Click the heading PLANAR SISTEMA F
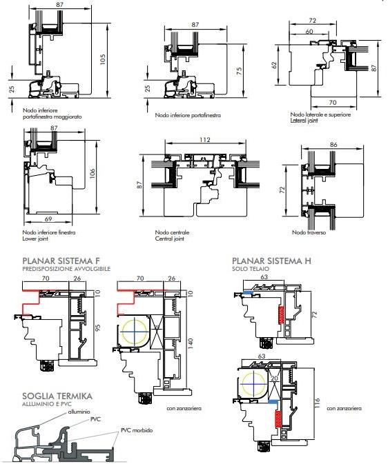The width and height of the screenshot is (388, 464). [61, 261]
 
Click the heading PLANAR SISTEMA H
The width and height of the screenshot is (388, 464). [271, 261]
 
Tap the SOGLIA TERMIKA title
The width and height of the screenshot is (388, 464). [57, 396]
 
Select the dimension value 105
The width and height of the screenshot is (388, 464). [103, 59]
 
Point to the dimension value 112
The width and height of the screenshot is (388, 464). [205, 139]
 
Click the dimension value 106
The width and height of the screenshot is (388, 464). [92, 174]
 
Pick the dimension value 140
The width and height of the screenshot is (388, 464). [191, 343]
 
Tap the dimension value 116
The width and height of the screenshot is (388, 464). [317, 403]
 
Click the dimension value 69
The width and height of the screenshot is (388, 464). [48, 219]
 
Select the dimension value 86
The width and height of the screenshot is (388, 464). [333, 145]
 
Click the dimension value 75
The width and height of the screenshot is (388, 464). [240, 71]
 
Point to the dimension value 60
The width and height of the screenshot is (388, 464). [309, 31]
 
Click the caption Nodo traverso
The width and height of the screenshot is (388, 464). [309, 232]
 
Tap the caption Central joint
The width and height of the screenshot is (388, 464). [170, 239]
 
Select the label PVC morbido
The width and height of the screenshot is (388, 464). [137, 430]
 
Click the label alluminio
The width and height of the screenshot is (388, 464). [79, 412]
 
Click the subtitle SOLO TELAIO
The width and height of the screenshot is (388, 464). [251, 269]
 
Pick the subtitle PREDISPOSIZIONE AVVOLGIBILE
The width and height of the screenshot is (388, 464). [66, 269]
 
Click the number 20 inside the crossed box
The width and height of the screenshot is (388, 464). [275, 378]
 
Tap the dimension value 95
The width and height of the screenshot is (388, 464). [98, 327]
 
